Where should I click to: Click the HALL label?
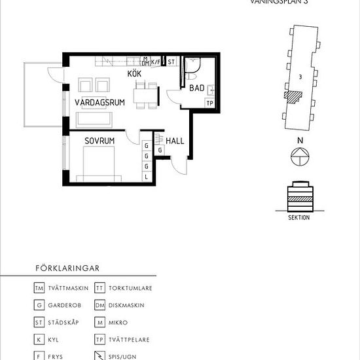coord(174,141)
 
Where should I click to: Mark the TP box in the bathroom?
coord(210,103)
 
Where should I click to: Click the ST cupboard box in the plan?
coord(171,62)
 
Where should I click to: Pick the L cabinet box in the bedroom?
coord(147,176)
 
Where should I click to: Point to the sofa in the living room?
coord(94,118)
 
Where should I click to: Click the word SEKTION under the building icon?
coord(298,217)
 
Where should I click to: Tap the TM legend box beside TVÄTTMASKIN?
coord(39,287)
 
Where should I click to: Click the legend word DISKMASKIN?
coord(128,305)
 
